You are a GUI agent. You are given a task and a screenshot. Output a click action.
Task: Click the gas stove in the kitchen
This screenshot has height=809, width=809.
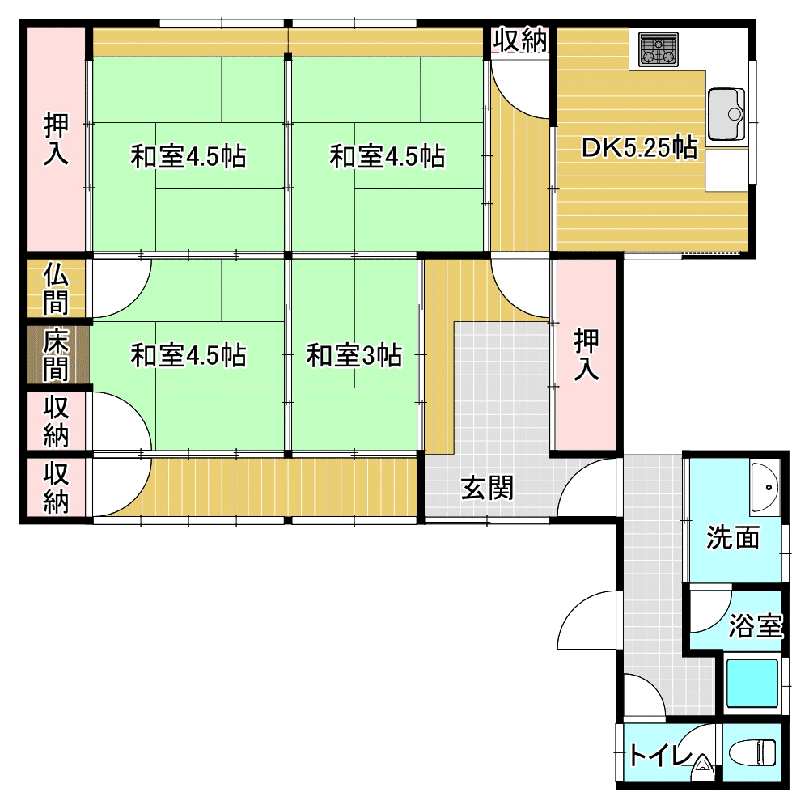(x=658, y=49)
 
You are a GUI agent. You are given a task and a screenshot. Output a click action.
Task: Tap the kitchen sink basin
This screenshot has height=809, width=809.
(x=726, y=114)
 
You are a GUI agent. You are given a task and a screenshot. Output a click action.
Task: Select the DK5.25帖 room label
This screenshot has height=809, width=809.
(x=640, y=148)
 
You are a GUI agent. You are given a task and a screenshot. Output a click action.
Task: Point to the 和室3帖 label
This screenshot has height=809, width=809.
(x=354, y=355)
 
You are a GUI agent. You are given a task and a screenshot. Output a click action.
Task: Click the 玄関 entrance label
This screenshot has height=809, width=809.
(x=488, y=488)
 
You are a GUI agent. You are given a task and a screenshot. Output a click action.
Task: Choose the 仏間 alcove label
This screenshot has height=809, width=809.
(x=55, y=289)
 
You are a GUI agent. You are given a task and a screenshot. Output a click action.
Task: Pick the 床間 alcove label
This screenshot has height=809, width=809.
(x=55, y=355)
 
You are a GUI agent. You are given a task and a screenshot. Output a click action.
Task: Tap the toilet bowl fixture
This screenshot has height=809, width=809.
(x=752, y=753)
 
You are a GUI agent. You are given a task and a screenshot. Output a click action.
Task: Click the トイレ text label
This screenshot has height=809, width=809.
(x=661, y=756)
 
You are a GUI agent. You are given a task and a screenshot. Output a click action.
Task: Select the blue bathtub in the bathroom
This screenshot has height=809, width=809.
(x=752, y=683)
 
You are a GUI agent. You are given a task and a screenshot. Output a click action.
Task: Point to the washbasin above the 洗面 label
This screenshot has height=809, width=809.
(x=765, y=487)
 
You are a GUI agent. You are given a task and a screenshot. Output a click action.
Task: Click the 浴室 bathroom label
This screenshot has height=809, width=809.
(x=756, y=625)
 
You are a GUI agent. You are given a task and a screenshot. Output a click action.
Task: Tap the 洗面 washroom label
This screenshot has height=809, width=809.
(x=733, y=537)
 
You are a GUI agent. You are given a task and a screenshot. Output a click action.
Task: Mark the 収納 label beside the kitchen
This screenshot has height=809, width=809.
(x=519, y=40)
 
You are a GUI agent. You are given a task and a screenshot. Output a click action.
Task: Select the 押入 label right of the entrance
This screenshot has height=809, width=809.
(x=587, y=354)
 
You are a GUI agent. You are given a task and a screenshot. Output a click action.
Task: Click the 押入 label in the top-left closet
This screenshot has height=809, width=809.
(x=56, y=139)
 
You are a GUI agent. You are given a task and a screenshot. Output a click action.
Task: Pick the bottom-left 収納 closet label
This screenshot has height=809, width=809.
(x=56, y=488)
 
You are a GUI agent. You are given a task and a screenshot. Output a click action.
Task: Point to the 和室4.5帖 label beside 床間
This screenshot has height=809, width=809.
(x=188, y=355)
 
